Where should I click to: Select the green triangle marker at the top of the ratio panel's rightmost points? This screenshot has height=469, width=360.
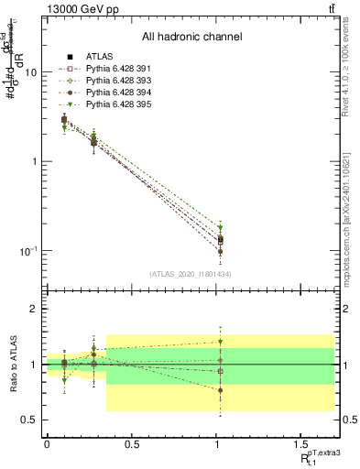(220, 342)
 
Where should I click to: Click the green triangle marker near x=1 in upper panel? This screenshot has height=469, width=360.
(220, 227)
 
